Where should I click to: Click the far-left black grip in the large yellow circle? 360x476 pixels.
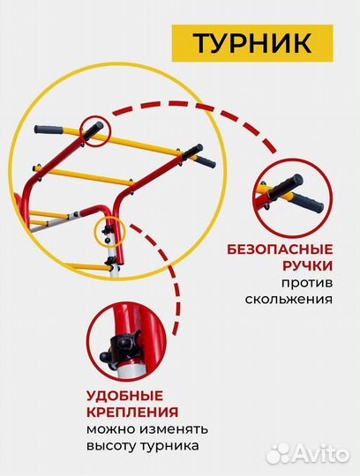[54, 129]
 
